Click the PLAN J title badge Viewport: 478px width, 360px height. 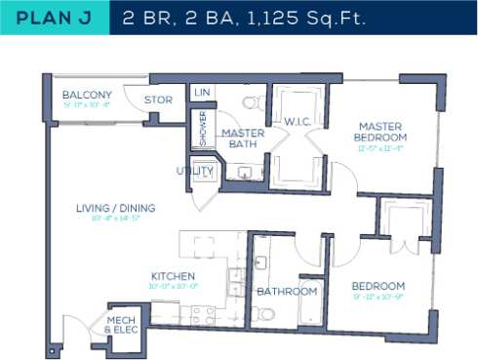click(54, 17)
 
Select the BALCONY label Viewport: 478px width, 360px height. click(86, 95)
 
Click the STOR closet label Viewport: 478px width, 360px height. click(158, 100)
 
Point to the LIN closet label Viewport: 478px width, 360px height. click(203, 93)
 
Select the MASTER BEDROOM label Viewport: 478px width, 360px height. click(380, 132)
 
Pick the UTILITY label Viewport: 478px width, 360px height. click(195, 172)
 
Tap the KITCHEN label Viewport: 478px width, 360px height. click(173, 276)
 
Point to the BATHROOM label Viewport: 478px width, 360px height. click(287, 292)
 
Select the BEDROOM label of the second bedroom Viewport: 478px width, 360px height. click(378, 286)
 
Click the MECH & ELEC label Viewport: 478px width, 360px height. click(122, 325)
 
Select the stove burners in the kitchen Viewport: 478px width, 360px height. click(202, 314)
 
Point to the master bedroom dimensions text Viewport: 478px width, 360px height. click(380, 149)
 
